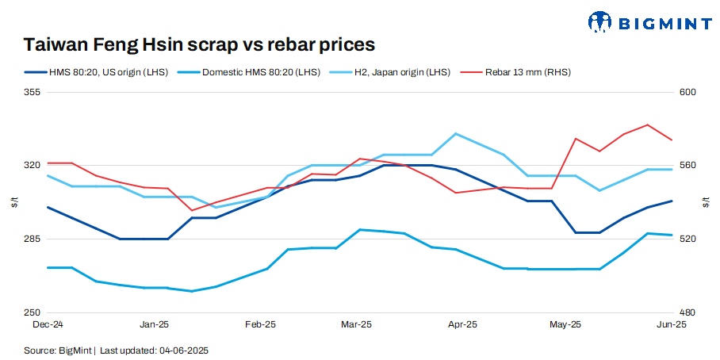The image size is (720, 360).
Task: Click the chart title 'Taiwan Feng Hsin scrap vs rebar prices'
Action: coord(199,44)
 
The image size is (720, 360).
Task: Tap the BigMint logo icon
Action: coord(600,22)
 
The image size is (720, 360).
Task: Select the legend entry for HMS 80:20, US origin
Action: coord(96,72)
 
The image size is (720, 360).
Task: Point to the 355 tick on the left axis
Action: coord(33,93)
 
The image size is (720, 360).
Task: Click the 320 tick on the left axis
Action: coord(33,166)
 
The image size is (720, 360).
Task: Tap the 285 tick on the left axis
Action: coord(33,239)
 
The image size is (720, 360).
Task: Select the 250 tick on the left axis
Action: coord(33,312)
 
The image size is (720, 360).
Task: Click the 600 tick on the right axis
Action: coord(687,93)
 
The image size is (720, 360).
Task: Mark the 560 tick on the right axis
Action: coord(687,166)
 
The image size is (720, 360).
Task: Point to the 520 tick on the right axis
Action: coord(687,239)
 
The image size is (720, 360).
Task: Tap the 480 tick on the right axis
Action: coord(687,312)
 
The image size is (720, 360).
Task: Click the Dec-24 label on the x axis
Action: coord(48,324)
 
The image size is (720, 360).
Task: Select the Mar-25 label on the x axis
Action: coord(356,324)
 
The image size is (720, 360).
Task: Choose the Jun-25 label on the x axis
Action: coord(672,324)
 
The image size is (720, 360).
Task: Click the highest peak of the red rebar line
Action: coord(648,124)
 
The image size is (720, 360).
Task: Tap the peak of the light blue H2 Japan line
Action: coord(455,133)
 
